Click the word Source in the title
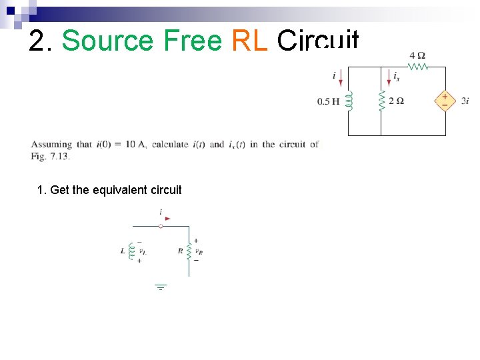108,41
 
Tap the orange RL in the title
249,41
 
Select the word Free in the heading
192,41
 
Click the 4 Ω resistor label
417,55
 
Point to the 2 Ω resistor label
396,101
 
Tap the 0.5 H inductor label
328,102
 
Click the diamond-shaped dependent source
445,101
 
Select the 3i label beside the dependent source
465,101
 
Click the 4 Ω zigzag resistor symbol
418,66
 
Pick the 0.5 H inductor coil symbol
349,101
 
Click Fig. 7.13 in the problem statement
50,156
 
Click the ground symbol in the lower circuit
161,287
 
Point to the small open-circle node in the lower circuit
161,226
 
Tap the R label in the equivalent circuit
180,251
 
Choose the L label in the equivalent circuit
122,251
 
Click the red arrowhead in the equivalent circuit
168,218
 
